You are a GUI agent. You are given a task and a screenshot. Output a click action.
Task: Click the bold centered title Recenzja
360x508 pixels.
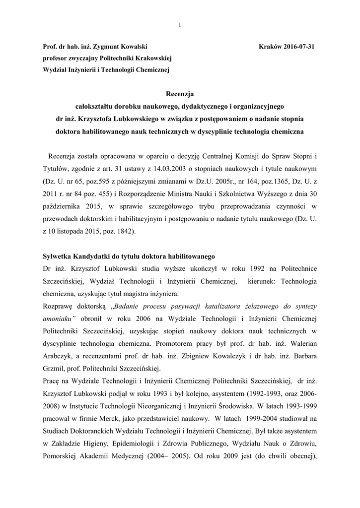(x=180, y=93)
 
